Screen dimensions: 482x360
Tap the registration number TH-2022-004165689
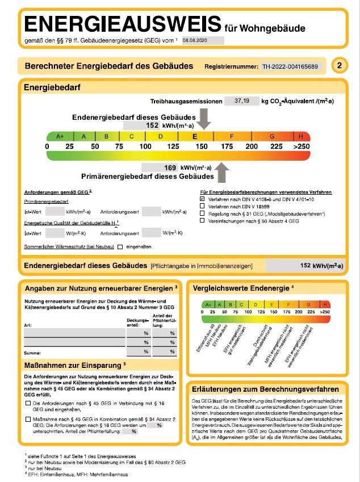(290, 66)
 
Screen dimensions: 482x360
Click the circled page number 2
(339, 66)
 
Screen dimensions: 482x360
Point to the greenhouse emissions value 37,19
(237, 101)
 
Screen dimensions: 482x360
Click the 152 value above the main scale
(152, 125)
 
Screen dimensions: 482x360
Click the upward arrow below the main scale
(221, 171)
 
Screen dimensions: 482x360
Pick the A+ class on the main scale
(60, 136)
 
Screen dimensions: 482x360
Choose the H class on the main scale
(301, 136)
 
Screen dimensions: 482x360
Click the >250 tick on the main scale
(301, 146)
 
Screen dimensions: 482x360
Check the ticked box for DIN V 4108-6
(203, 200)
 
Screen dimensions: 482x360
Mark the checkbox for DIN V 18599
(203, 207)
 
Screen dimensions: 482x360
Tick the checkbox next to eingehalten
(120, 247)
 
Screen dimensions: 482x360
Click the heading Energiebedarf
(52, 87)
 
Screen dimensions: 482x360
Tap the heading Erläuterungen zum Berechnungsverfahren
(266, 389)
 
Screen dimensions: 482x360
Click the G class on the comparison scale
(308, 304)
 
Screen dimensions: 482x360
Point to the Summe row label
(32, 352)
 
